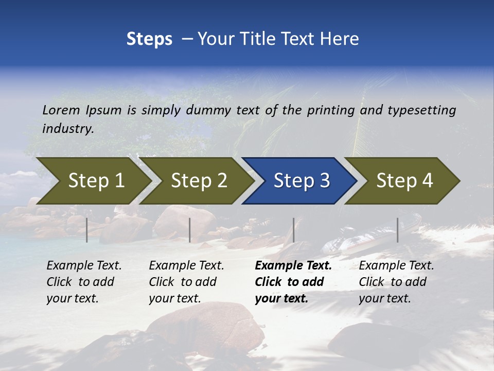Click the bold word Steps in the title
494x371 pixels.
[149, 39]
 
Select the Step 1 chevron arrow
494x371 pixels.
[93, 181]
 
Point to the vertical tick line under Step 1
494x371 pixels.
[87, 230]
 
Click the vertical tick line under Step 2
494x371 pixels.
[190, 230]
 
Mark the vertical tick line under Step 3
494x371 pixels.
[294, 230]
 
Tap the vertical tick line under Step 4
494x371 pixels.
[397, 230]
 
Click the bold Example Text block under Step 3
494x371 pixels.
[292, 282]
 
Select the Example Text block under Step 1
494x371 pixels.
[83, 282]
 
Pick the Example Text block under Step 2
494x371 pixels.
[186, 282]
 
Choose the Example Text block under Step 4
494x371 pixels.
[396, 282]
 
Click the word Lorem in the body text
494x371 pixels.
[61, 110]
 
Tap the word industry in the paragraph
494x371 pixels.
[67, 128]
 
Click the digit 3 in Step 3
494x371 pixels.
[324, 181]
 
